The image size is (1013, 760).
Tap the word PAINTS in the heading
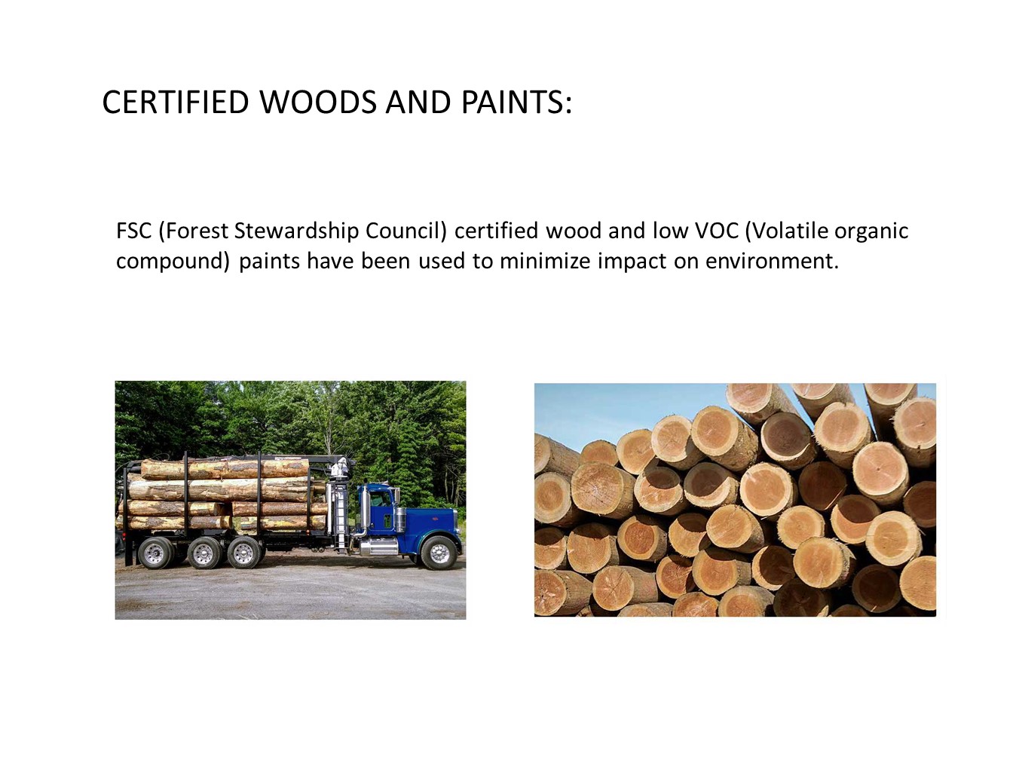pyautogui.click(x=513, y=103)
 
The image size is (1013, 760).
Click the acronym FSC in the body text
pyautogui.click(x=133, y=231)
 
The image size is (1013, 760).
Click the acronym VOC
pyautogui.click(x=716, y=231)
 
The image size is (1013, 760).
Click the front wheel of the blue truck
pyautogui.click(x=439, y=554)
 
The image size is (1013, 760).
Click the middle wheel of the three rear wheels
pyautogui.click(x=203, y=553)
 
